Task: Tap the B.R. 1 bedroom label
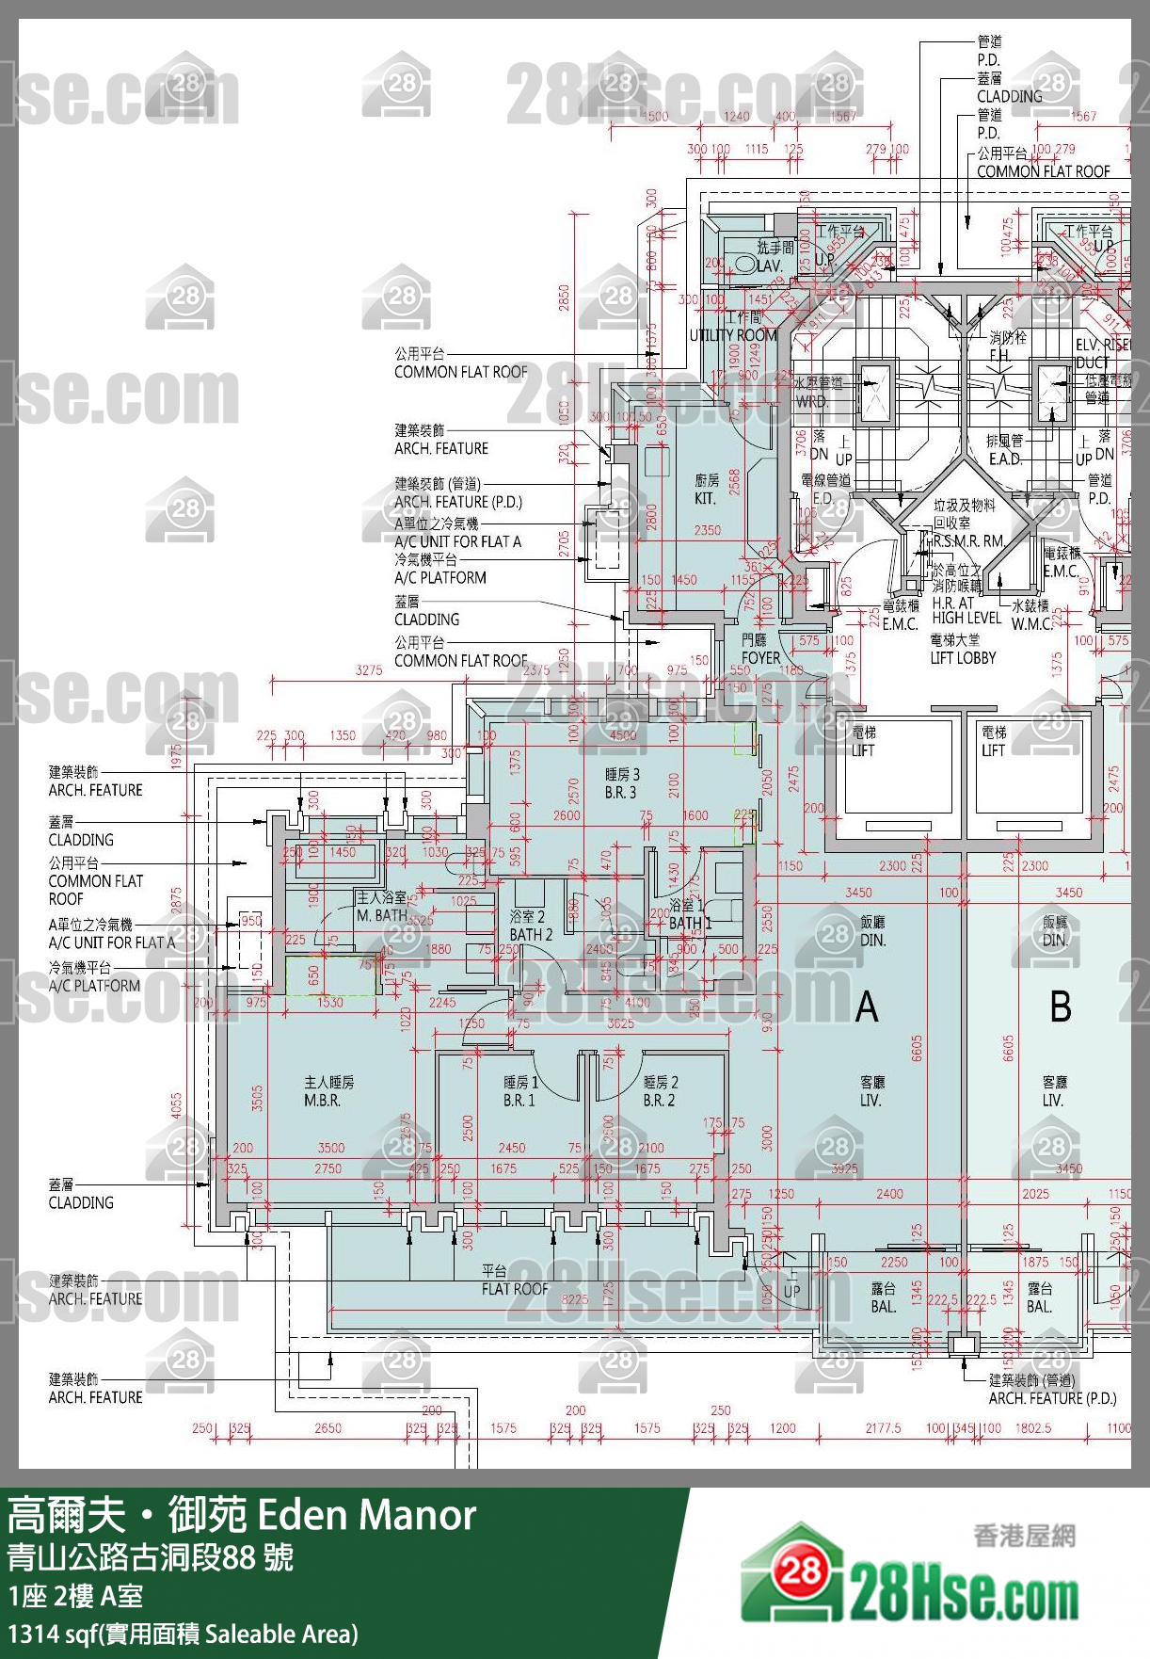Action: coord(519,1092)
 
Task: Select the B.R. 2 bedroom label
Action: coord(660,1092)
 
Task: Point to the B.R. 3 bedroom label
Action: coord(621,784)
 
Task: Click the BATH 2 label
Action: coord(530,926)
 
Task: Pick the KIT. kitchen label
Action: coord(706,490)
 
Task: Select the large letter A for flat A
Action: coord(867,1007)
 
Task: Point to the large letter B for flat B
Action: coord(1061,1007)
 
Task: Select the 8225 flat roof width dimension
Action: coord(574,1299)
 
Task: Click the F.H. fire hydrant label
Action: coord(999,356)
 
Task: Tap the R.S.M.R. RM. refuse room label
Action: coord(968,541)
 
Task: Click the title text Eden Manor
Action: coord(366,1516)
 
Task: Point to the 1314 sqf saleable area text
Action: coord(184,1635)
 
